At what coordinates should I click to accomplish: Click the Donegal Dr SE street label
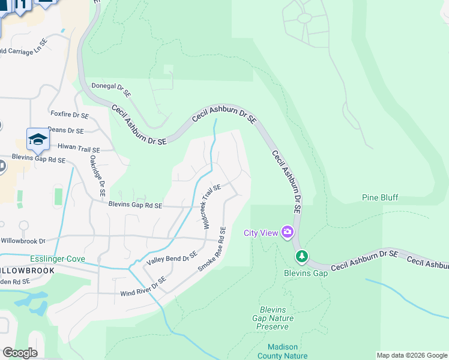point(111,90)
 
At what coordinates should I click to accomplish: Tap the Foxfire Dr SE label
point(70,115)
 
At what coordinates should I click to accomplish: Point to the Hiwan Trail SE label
point(78,148)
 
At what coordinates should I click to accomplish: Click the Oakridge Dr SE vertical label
point(97,177)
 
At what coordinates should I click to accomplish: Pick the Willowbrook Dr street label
point(23,241)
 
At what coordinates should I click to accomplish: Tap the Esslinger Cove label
point(58,259)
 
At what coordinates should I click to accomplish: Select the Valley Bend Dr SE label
point(172,259)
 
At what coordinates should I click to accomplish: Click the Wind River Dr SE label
point(143,287)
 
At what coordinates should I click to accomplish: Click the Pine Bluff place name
point(380,197)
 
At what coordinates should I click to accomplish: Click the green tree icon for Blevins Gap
point(302,257)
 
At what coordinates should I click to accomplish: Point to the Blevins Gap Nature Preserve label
point(273,318)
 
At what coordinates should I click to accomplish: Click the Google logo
point(20,353)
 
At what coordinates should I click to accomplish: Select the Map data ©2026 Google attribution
point(411,355)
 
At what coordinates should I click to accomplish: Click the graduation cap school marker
point(38,140)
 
